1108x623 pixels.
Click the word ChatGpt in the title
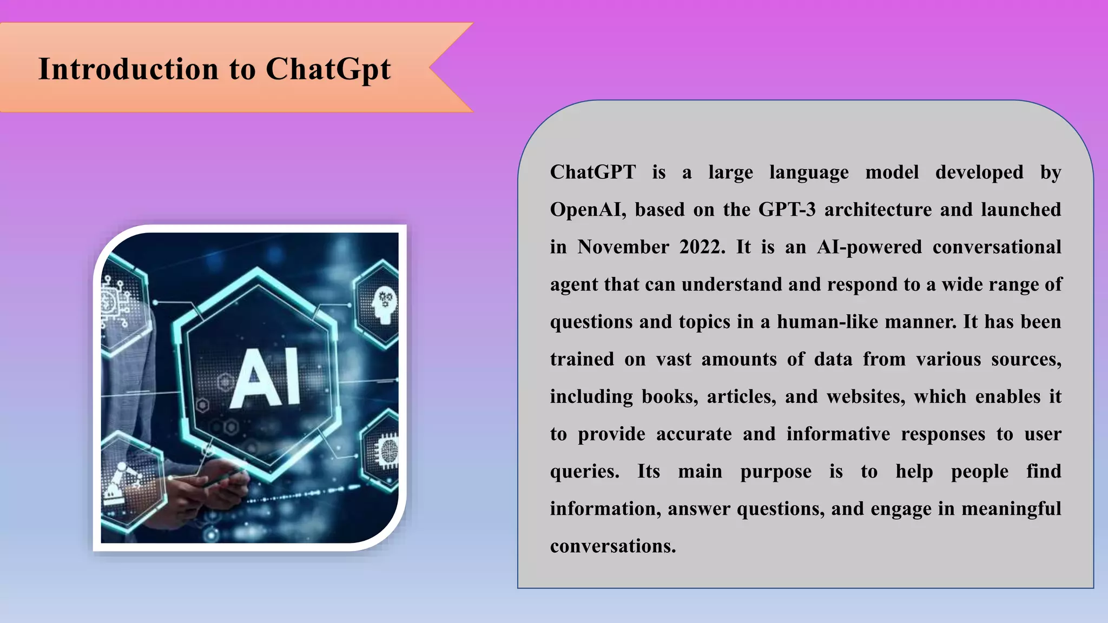[328, 70]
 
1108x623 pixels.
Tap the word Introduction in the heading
[129, 70]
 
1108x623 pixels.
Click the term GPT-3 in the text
[787, 210]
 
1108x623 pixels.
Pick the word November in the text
[623, 247]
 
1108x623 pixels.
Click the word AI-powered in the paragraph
[869, 247]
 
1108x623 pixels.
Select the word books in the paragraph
[669, 397]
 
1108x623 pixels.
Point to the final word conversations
[613, 546]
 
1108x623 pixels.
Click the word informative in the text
[838, 434]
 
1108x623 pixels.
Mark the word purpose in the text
[775, 472]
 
